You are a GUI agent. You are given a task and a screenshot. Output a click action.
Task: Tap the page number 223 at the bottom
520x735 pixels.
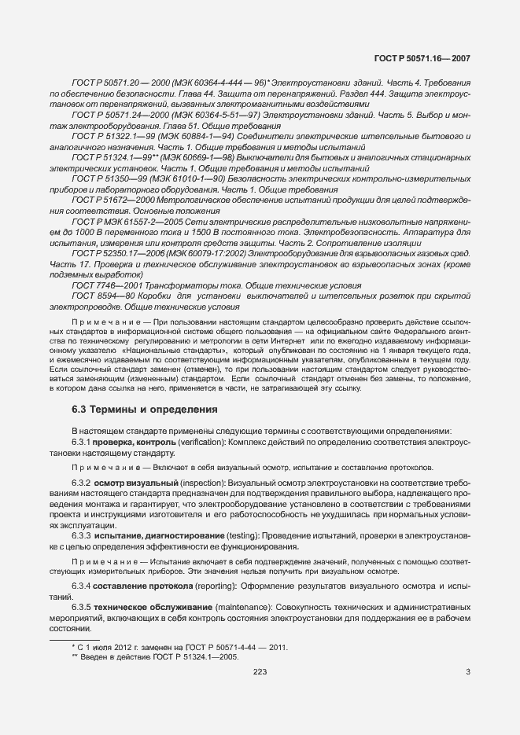[260, 671]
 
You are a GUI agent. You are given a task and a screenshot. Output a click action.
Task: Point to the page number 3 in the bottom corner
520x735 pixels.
[467, 671]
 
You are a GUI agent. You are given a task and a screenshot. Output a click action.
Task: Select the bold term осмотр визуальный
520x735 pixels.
[124, 481]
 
